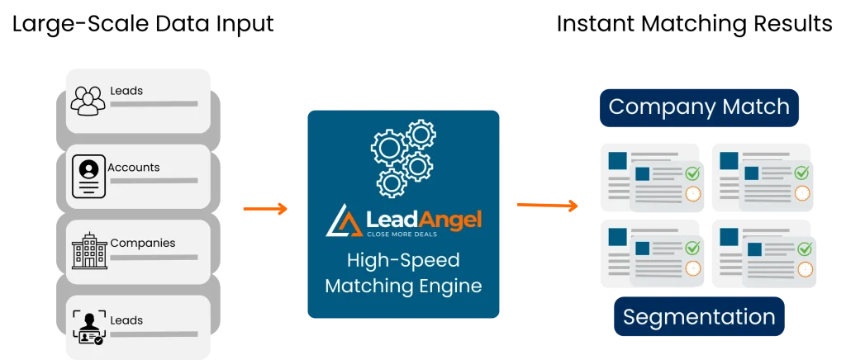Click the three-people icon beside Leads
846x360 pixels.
pos(88,99)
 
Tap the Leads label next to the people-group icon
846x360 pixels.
pos(126,91)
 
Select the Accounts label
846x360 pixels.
pos(134,168)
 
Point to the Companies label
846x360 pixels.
pos(142,244)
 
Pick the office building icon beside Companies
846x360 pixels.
pos(88,250)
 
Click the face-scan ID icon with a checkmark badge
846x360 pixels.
pos(88,328)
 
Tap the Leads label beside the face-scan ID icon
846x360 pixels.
pos(126,320)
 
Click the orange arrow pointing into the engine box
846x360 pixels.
pos(264,208)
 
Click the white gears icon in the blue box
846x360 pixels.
pos(402,157)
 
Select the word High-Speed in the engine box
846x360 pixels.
pos(403,262)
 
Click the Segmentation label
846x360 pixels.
pos(699,317)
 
